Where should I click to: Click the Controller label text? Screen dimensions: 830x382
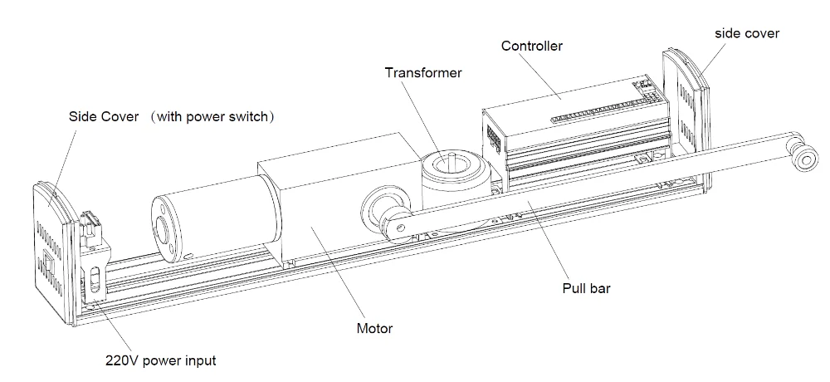pyautogui.click(x=531, y=47)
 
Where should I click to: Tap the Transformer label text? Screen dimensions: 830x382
pyautogui.click(x=423, y=72)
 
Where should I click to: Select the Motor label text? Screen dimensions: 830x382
pyautogui.click(x=375, y=329)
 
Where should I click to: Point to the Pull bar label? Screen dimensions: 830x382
pyautogui.click(x=586, y=289)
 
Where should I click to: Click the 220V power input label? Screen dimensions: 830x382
pyautogui.click(x=161, y=361)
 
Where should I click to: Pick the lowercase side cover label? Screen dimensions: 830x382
pyautogui.click(x=747, y=33)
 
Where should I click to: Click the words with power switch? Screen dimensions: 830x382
pyautogui.click(x=212, y=116)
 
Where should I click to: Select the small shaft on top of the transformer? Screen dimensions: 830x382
pyautogui.click(x=452, y=158)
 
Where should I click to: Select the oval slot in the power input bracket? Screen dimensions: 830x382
pyautogui.click(x=95, y=281)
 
